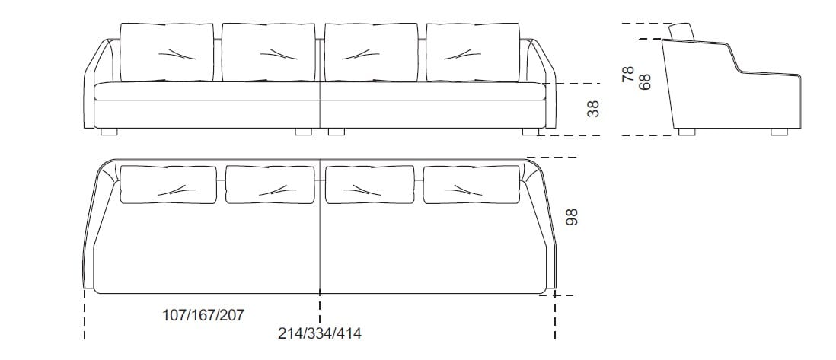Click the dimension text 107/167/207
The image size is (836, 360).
(203, 315)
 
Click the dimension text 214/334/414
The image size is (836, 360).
(319, 334)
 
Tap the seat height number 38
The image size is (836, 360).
(593, 109)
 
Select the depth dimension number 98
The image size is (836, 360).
(572, 217)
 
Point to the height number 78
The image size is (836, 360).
(629, 74)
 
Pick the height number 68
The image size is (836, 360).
(645, 81)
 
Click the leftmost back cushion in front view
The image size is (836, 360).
(167, 53)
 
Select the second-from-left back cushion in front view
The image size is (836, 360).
(268, 53)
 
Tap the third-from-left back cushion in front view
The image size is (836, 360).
(371, 53)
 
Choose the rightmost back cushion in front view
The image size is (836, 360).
(473, 53)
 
